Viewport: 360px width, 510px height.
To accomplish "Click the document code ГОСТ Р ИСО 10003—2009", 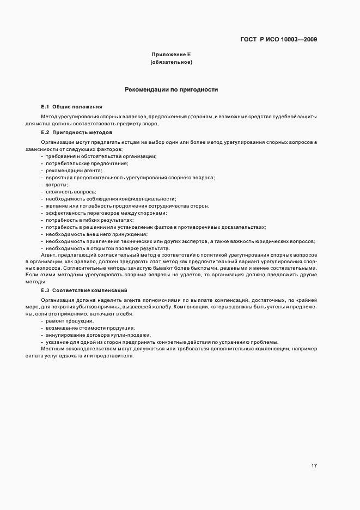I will tap(279, 39).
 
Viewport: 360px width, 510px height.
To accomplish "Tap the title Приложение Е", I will tap(171, 55).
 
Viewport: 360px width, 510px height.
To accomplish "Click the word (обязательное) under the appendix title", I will tap(171, 63).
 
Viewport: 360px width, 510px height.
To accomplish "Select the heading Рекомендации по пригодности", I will tap(172, 89).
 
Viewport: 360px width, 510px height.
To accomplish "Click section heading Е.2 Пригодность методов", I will tap(77, 132).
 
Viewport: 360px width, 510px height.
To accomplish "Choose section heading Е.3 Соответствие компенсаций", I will tap(84, 290).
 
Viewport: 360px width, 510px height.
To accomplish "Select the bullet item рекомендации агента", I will tap(75, 171).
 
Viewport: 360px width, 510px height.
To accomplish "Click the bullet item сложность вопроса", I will tap(71, 192).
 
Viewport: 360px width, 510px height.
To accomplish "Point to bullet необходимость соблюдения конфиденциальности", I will tap(111, 199).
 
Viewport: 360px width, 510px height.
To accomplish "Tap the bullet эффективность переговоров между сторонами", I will tap(106, 213).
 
